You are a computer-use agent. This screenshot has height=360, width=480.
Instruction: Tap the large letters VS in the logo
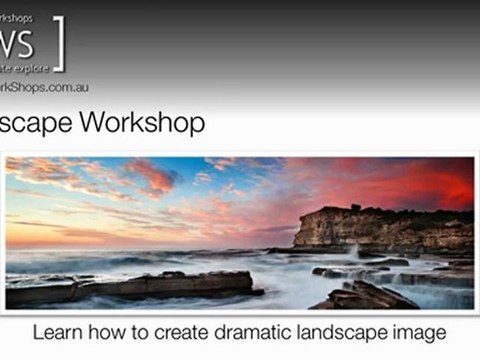pyautogui.click(x=20, y=42)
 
